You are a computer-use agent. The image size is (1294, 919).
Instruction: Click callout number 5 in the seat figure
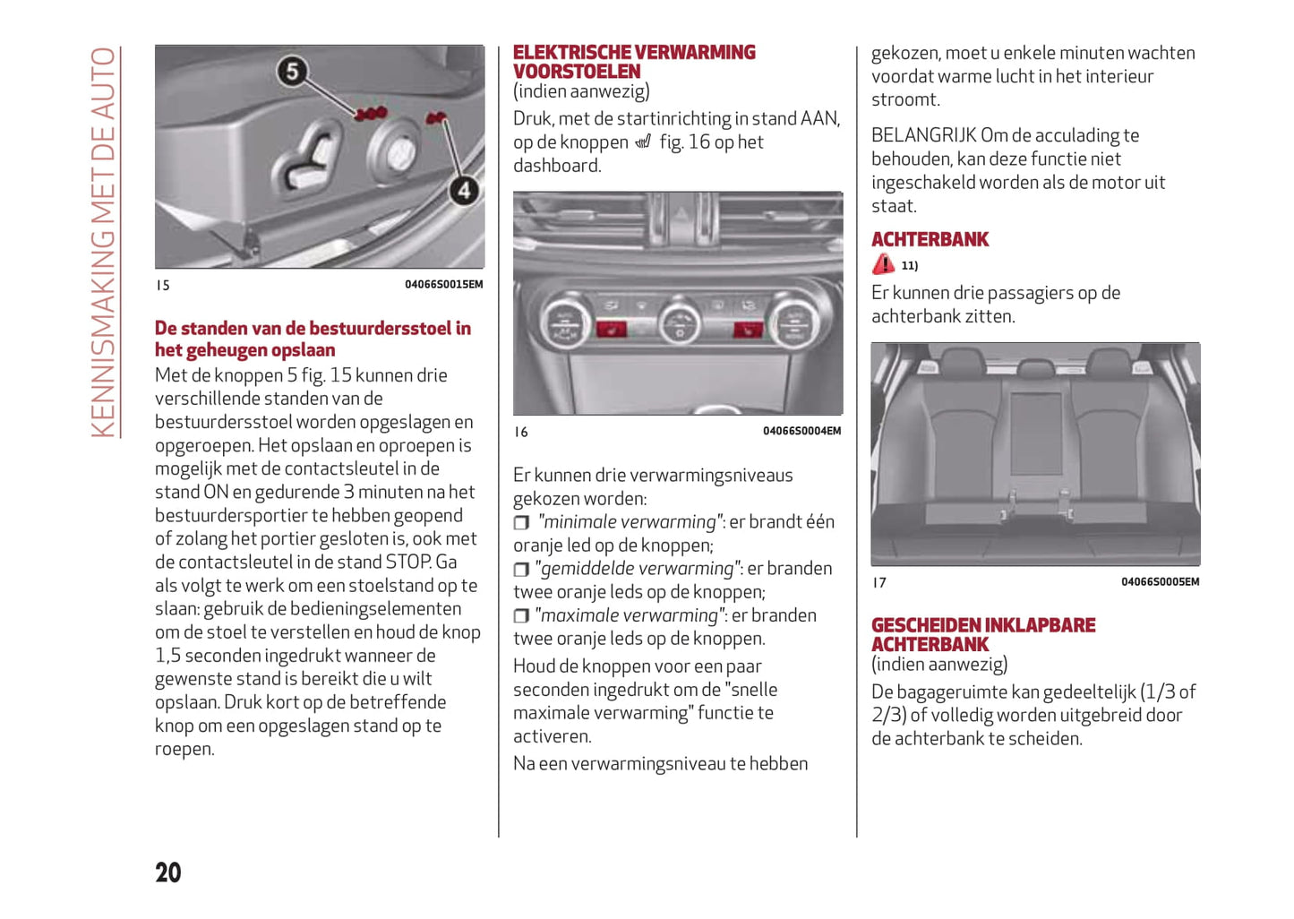(x=292, y=71)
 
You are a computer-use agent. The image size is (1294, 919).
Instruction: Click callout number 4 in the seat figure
(x=464, y=190)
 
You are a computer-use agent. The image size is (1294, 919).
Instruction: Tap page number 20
(x=168, y=872)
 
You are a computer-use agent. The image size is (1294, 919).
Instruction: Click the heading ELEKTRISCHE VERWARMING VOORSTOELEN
(x=634, y=62)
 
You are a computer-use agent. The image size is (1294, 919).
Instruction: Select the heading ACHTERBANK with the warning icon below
(x=930, y=239)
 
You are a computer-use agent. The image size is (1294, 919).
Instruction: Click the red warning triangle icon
(x=883, y=264)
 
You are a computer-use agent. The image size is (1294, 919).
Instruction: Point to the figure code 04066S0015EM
(x=443, y=285)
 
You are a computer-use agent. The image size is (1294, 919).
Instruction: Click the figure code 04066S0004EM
(x=801, y=431)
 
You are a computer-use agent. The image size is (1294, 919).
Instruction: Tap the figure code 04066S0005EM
(x=1160, y=581)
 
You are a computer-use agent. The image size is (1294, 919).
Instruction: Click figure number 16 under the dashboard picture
(x=521, y=432)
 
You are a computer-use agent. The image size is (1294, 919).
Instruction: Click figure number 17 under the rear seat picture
(x=879, y=582)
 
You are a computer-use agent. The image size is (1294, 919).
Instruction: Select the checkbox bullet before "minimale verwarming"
(x=521, y=522)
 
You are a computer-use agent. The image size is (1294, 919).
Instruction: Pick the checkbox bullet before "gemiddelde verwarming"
(x=521, y=569)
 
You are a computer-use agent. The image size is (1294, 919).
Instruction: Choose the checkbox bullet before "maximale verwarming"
(x=521, y=615)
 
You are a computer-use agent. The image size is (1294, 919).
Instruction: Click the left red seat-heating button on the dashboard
(x=612, y=331)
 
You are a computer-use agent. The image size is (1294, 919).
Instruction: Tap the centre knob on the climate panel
(x=680, y=322)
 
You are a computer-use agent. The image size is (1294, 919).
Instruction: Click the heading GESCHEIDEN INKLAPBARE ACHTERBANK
(x=983, y=634)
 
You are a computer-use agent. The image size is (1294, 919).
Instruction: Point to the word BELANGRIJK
(x=923, y=135)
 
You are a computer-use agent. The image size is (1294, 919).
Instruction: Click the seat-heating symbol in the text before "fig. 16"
(x=643, y=142)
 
